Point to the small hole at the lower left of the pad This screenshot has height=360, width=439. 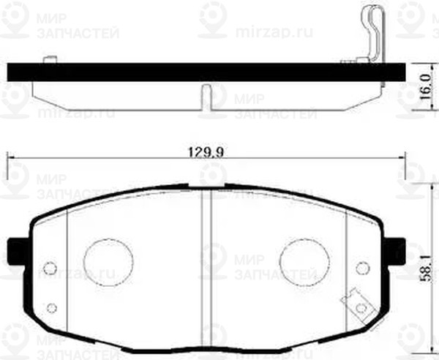point(51,307)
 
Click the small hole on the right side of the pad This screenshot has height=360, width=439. point(361,267)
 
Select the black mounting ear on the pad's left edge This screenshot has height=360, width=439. point(17,252)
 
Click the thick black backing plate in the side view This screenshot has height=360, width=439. point(205,72)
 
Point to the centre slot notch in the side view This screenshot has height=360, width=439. point(206,94)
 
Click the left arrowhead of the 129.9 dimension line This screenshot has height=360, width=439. point(10,156)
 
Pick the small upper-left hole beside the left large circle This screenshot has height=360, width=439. point(50,267)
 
